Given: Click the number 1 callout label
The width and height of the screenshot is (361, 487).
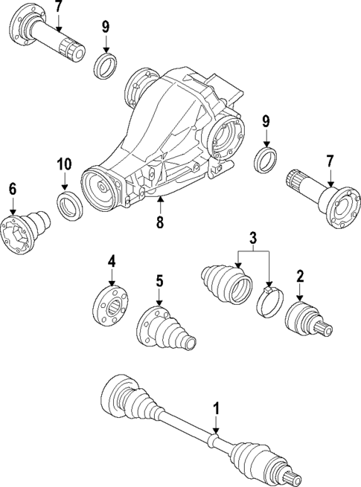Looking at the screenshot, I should click(x=216, y=408).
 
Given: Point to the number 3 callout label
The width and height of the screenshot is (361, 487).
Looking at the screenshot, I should click(x=253, y=239).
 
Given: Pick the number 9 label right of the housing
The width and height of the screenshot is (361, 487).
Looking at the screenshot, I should click(x=265, y=121).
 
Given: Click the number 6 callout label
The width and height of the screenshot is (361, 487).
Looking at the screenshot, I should click(x=13, y=190).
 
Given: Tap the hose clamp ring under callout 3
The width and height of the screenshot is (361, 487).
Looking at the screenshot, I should click(x=269, y=304).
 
